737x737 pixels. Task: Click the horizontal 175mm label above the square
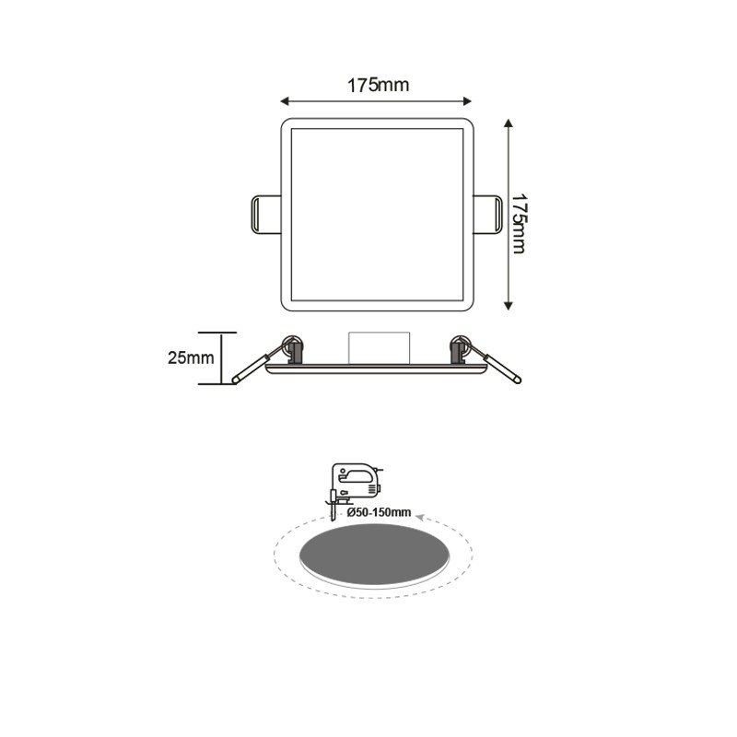[x=378, y=86]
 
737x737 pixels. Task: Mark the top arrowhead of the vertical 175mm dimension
[x=508, y=123]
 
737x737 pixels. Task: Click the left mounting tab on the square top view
[x=263, y=215]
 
